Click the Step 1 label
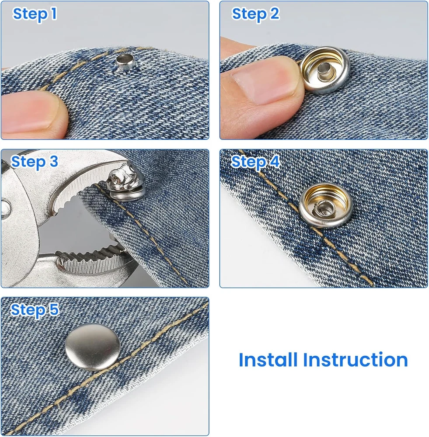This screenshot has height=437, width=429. pos(35,14)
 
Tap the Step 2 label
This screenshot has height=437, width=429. pos(255,14)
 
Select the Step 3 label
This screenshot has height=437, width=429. pos(34,162)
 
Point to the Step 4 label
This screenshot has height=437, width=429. pos(255,162)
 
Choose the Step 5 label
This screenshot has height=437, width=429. pos(35,310)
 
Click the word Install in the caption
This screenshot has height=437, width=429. pos(268,360)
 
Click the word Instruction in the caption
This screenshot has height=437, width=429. pos(356,360)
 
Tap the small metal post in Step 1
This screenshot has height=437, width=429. pos(126,62)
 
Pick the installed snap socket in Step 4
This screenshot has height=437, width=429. pos(326,206)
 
